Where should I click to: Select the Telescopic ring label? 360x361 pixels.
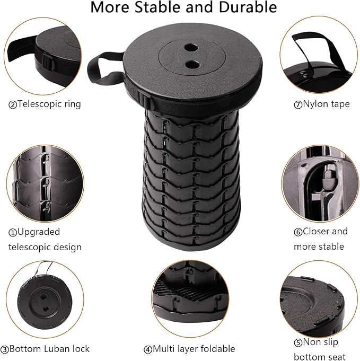click(45, 104)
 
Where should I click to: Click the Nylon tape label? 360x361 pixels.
click(322, 104)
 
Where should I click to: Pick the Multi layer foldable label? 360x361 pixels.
click(189, 349)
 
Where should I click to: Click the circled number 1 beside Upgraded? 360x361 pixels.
click(12, 232)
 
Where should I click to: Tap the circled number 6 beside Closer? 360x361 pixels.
click(298, 232)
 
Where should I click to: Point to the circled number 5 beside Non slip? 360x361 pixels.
click(298, 343)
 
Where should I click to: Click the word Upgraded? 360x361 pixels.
click(39, 232)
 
